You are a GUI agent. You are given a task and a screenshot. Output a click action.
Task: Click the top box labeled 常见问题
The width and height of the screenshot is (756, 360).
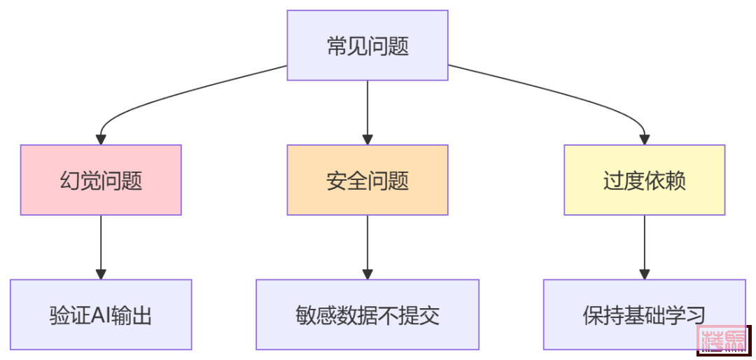(x=367, y=46)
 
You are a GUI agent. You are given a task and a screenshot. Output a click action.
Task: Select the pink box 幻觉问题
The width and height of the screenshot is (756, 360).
(x=101, y=180)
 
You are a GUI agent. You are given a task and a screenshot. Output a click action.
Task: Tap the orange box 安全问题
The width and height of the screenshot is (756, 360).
(x=367, y=180)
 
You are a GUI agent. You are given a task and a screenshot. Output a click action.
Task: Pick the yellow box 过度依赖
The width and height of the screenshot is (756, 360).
(x=644, y=180)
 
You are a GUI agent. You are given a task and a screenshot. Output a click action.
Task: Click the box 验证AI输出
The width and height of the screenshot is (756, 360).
(x=101, y=314)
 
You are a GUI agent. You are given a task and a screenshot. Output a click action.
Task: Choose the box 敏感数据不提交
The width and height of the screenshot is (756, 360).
(x=367, y=314)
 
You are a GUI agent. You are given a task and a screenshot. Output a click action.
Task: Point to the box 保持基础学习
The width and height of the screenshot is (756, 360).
(x=644, y=314)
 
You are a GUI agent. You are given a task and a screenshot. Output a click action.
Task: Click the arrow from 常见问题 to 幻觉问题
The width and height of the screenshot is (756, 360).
(x=175, y=95)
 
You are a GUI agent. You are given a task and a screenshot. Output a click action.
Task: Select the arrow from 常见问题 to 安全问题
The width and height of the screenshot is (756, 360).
(x=367, y=112)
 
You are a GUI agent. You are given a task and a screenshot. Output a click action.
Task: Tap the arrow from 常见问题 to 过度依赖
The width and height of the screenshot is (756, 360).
(x=560, y=95)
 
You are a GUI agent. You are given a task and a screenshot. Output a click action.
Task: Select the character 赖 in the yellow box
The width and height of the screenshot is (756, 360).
(x=675, y=181)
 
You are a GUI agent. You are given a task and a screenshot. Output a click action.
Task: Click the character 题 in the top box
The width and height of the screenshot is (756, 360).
(x=398, y=46)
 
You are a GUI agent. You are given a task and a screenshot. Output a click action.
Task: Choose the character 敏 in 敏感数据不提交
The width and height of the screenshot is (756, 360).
(x=307, y=315)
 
